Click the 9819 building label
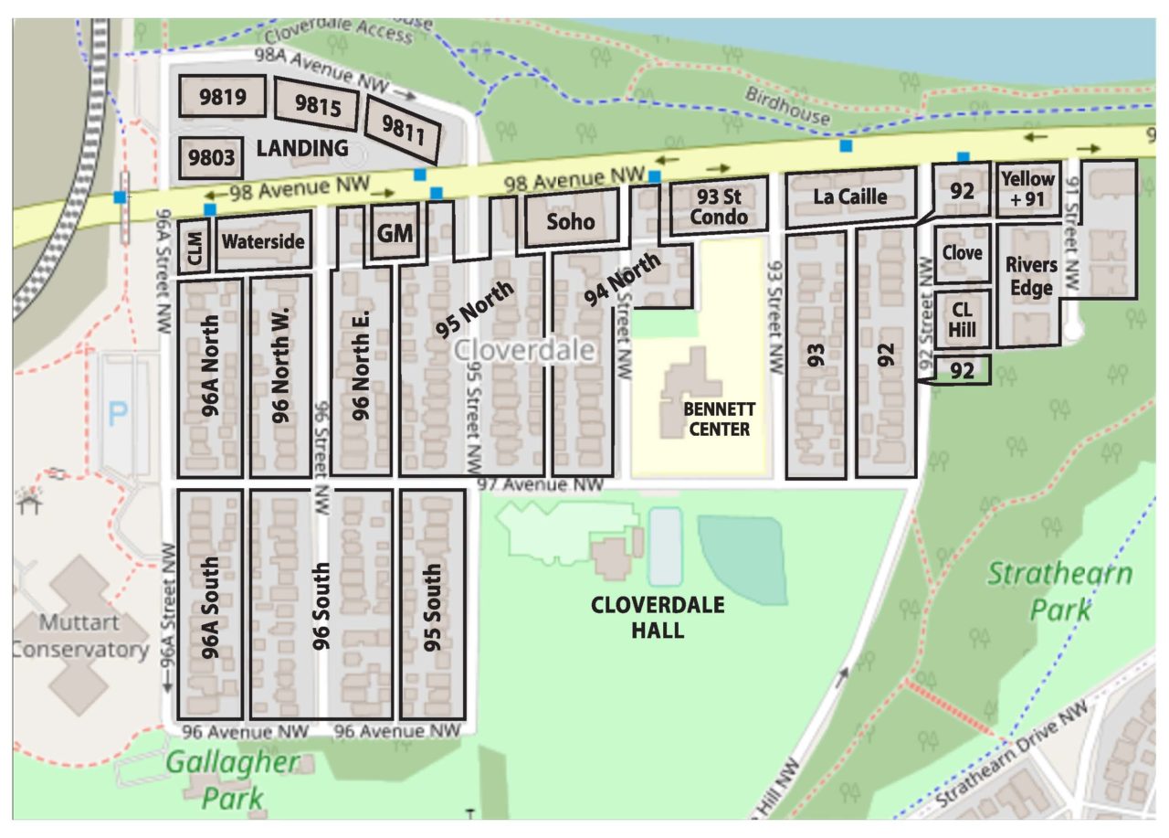coord(223,97)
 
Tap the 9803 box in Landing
coord(213,159)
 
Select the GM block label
coord(395,234)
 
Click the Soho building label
coord(571,221)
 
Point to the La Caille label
coord(849,196)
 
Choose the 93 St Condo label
coord(719,207)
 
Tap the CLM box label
coord(195,247)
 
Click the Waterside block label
coord(263,242)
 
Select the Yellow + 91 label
coord(1027,188)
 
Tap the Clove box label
coord(963,253)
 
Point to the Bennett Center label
coord(717,420)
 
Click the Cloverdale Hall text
coord(658,618)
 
